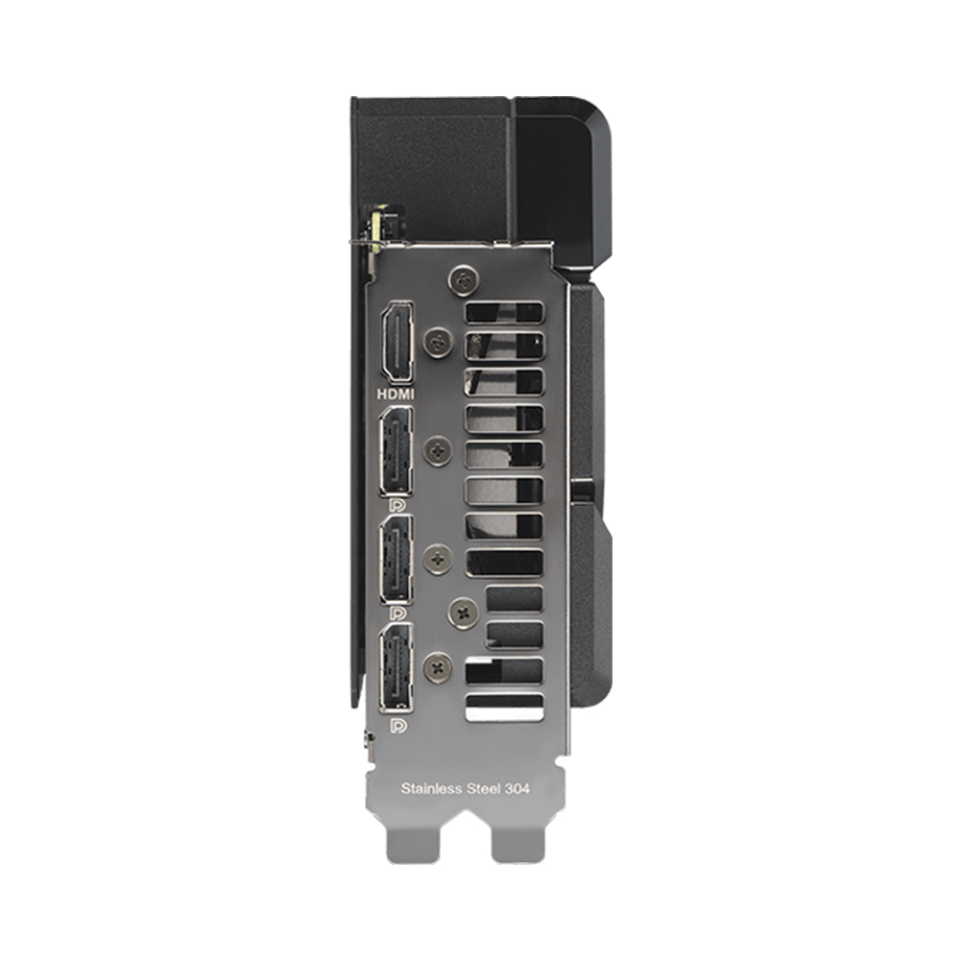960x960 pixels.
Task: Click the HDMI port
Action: [x=396, y=343]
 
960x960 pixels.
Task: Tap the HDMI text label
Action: [x=396, y=395]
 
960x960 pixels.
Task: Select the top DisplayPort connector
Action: [x=396, y=451]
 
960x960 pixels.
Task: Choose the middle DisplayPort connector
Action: [x=396, y=559]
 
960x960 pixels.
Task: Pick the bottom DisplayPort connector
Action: [x=396, y=668]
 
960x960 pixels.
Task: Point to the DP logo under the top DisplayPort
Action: [x=396, y=505]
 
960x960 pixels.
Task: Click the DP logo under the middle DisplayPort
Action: [x=397, y=612]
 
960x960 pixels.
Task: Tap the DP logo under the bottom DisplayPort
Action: [x=398, y=725]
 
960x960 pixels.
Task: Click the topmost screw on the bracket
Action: [x=464, y=279]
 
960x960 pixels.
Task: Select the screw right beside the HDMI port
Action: [x=439, y=341]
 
